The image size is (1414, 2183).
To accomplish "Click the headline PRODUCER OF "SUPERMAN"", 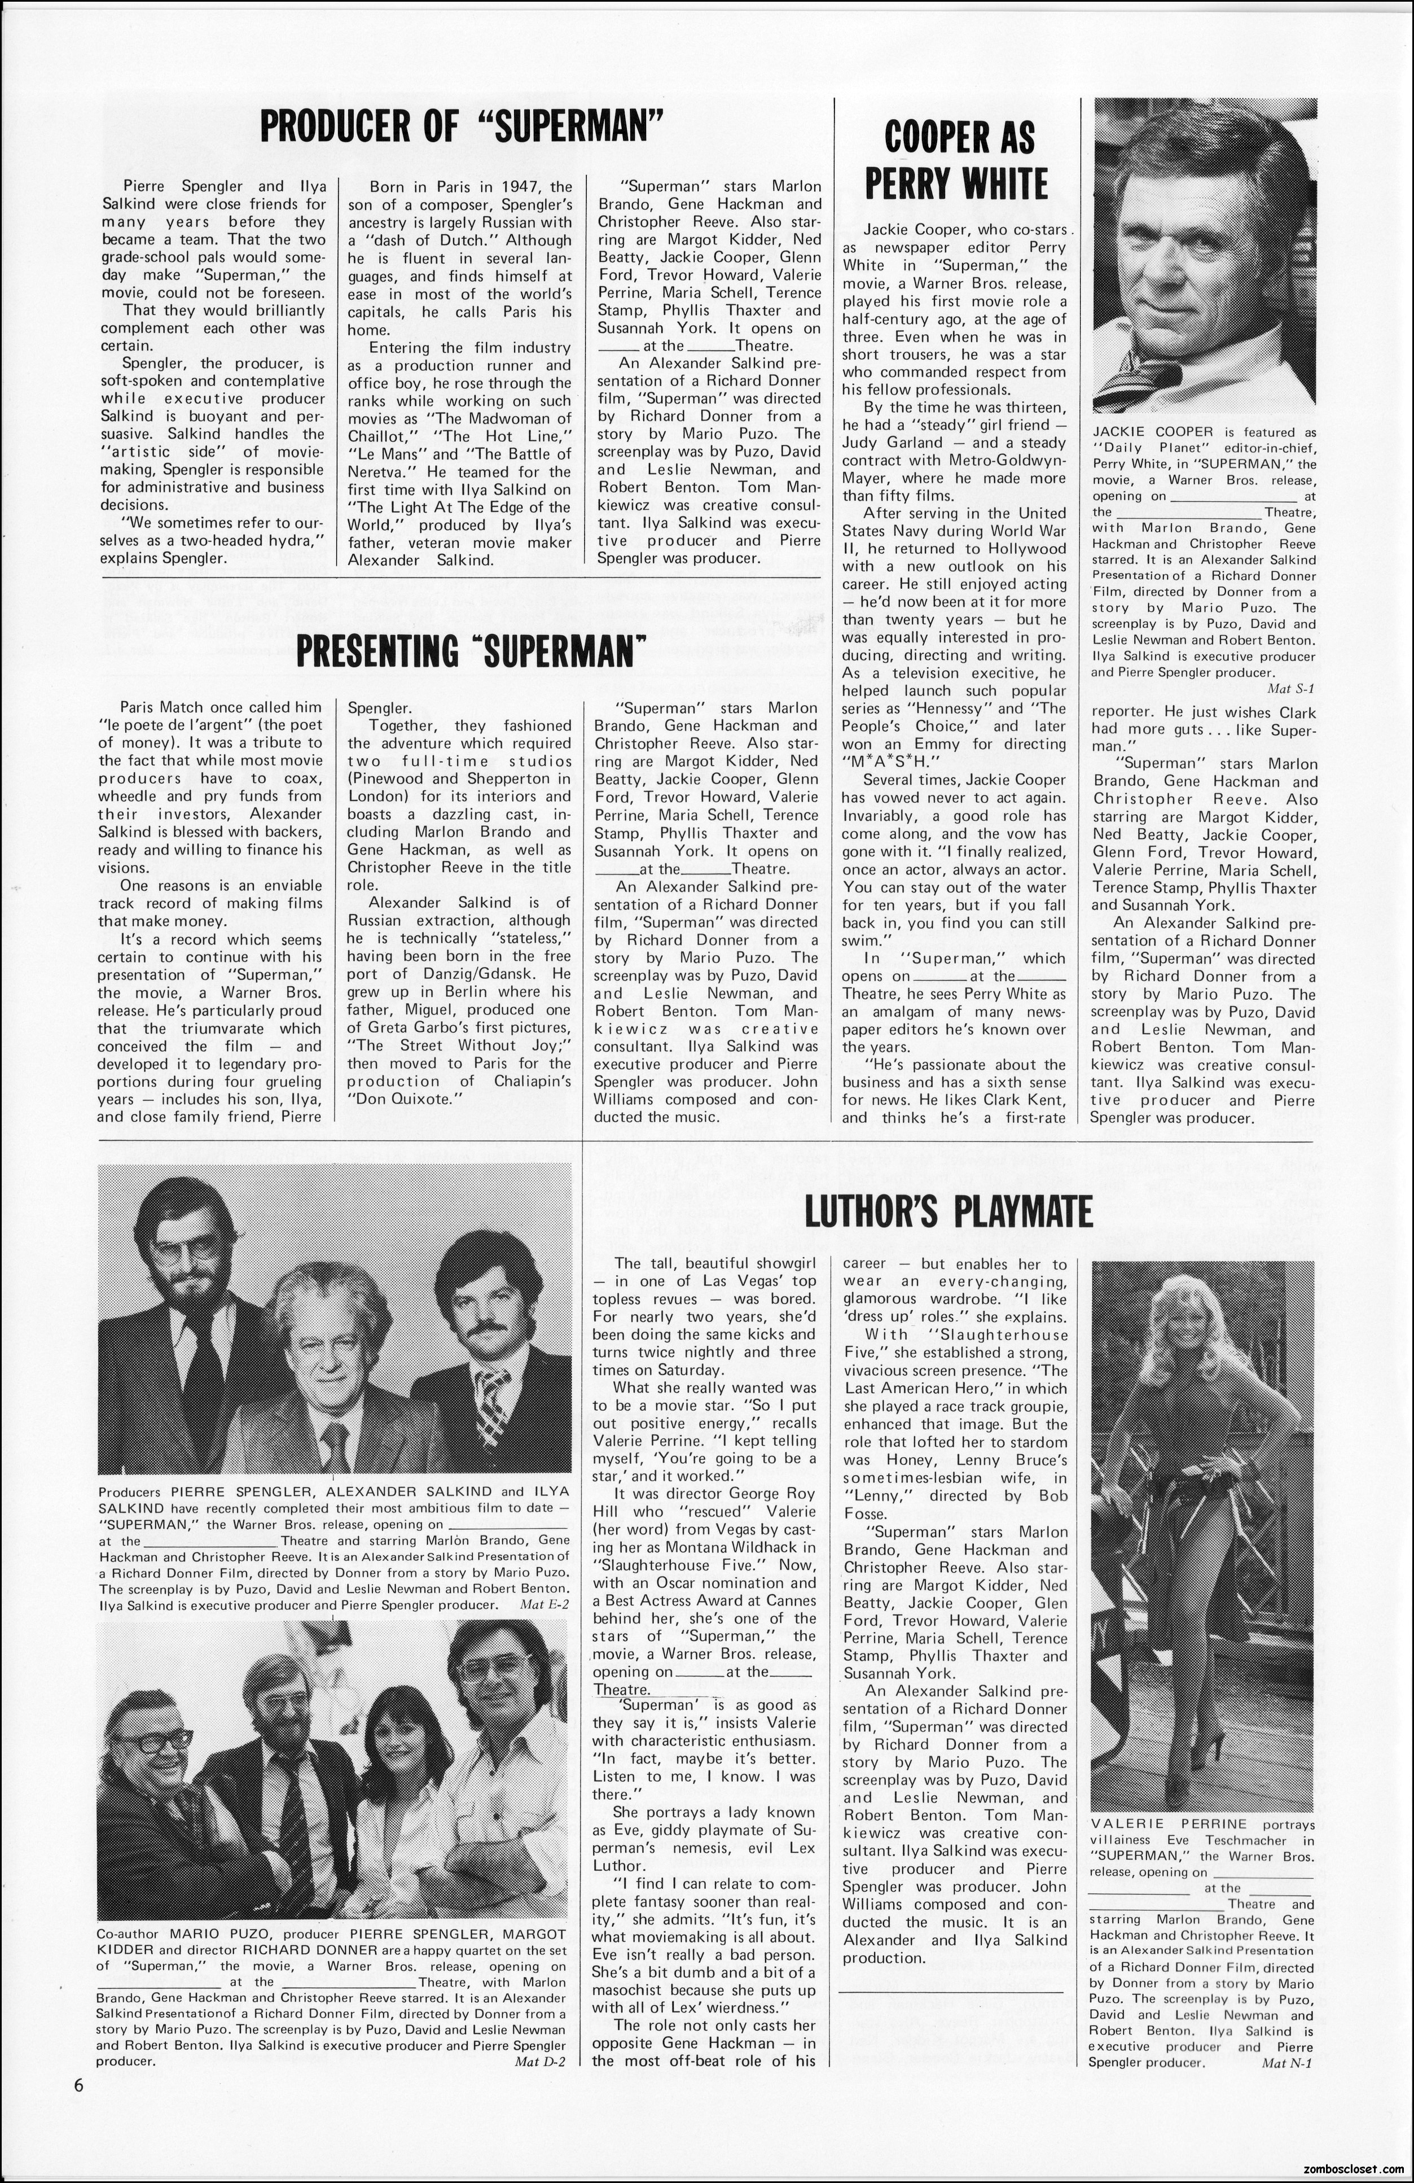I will [461, 126].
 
